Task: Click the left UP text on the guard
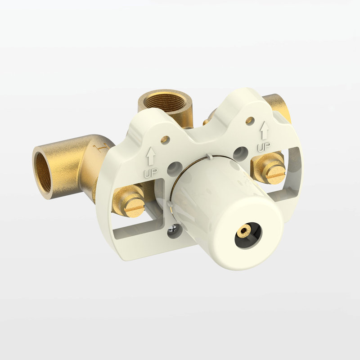[151, 173]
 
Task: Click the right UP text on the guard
[264, 147]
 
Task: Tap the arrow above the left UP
[150, 156]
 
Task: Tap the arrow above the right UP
[264, 130]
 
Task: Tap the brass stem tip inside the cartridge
[243, 230]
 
